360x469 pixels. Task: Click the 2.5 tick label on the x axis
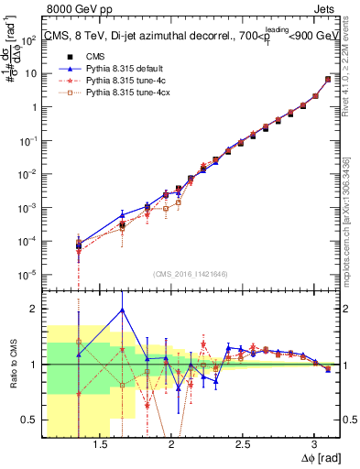(x=243, y=442)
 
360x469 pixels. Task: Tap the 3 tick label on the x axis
(x=314, y=442)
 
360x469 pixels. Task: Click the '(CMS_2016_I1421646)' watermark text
(x=190, y=274)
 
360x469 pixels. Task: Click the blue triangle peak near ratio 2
(x=122, y=310)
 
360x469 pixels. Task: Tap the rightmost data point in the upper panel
(x=328, y=80)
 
